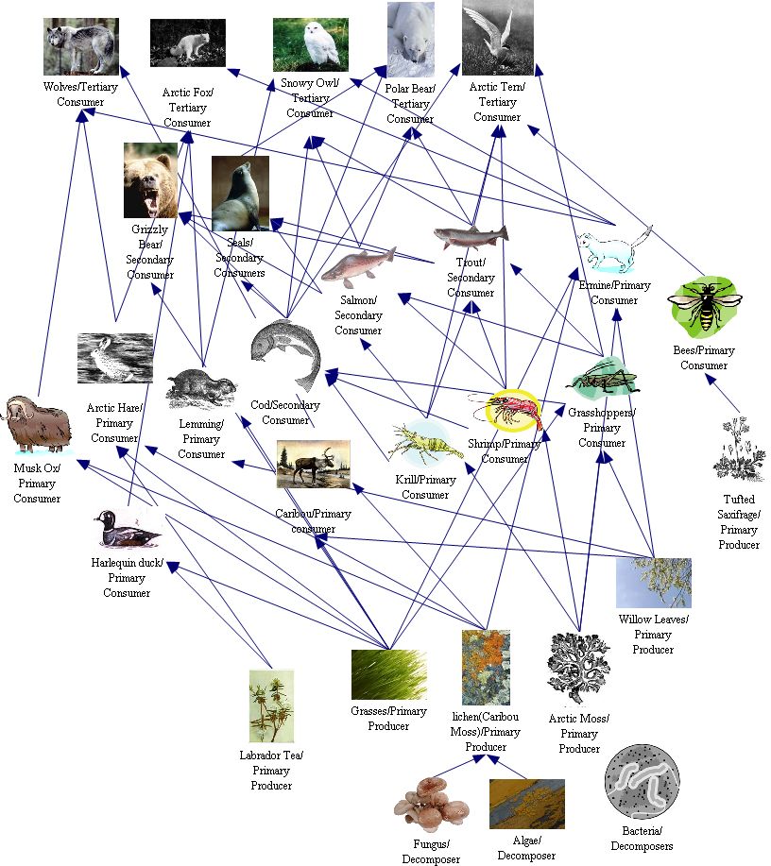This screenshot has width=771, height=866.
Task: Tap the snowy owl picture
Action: pyautogui.click(x=310, y=44)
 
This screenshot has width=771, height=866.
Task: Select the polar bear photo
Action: pyautogui.click(x=411, y=40)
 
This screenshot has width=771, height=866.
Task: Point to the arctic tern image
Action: pyautogui.click(x=497, y=38)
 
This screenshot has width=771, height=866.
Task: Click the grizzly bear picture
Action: pyautogui.click(x=150, y=180)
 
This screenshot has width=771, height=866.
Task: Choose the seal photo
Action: pyautogui.click(x=240, y=193)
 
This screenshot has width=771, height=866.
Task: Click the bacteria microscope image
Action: pyautogui.click(x=642, y=779)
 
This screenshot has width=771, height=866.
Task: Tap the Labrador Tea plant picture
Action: pyautogui.click(x=271, y=705)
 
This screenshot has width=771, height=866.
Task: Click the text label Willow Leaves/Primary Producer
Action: pyautogui.click(x=654, y=634)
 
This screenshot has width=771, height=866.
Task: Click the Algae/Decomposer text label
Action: pyautogui.click(x=526, y=847)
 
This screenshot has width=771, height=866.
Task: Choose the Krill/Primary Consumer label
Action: pyautogui.click(x=425, y=487)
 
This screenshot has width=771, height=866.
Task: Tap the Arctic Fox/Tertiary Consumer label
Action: pyautogui.click(x=187, y=107)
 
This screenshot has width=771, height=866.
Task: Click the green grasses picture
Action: pyautogui.click(x=388, y=674)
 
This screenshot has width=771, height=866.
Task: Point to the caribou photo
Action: pyautogui.click(x=314, y=465)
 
